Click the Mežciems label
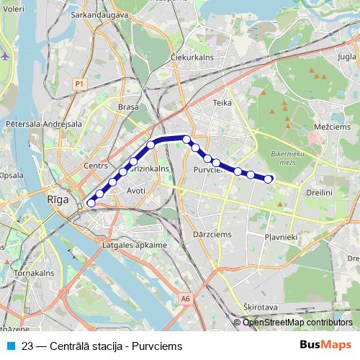pos(331,126)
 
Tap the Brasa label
pos(127,107)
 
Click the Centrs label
pos(95,166)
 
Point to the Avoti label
pos(135,191)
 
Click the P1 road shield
pos(78,85)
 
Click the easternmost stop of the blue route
pos(269,179)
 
